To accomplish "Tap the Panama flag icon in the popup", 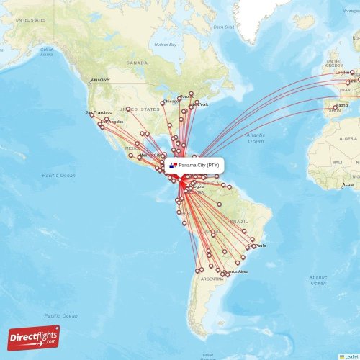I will pyautogui.click(x=174, y=166).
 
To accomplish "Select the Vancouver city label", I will pyautogui.click(x=100, y=79).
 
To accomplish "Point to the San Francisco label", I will pyautogui.click(x=99, y=112).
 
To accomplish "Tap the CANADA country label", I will pyautogui.click(x=137, y=63).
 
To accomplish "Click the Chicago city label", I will pyautogui.click(x=171, y=102).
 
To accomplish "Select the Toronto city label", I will pyautogui.click(x=187, y=96).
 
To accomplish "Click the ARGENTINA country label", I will pyautogui.click(x=212, y=279).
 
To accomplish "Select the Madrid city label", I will pyautogui.click(x=341, y=104).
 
